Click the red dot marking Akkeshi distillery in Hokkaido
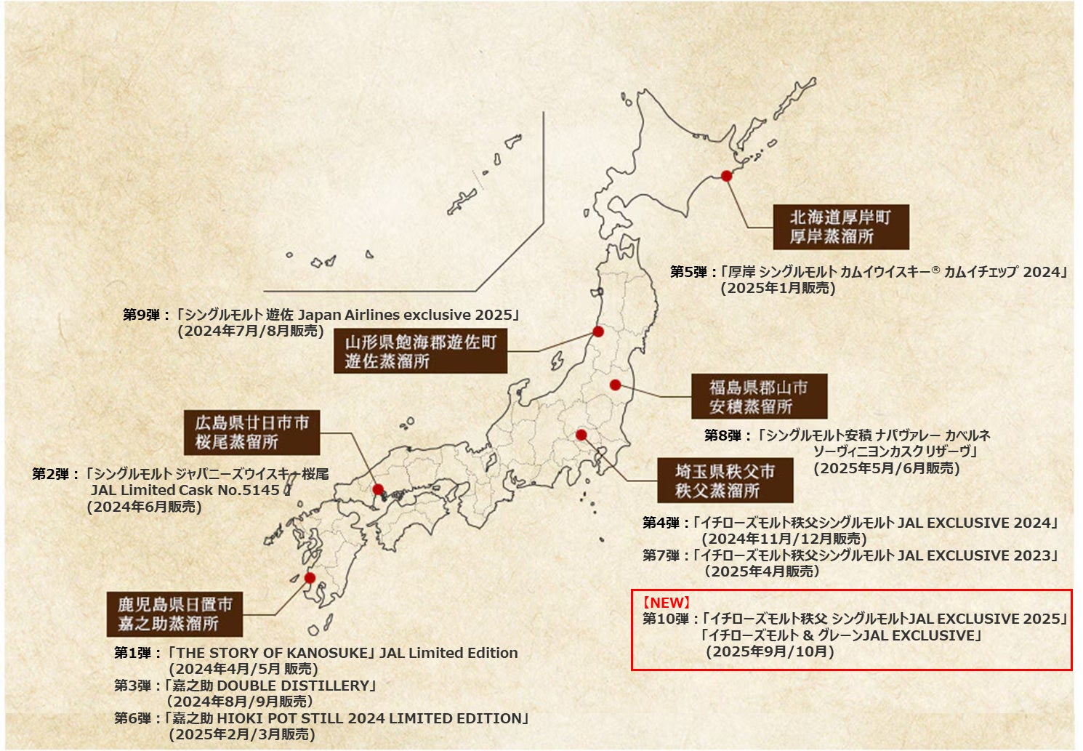[x=725, y=176]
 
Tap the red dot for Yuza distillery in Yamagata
[x=598, y=332]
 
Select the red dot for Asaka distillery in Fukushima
[x=615, y=385]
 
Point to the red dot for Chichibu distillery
[x=581, y=435]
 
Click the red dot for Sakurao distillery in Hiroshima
[x=378, y=489]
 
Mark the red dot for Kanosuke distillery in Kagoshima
[x=310, y=578]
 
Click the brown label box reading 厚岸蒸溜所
[x=840, y=227]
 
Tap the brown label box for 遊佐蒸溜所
[x=420, y=351]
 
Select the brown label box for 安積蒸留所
[x=759, y=396]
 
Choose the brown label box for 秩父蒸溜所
[x=725, y=481]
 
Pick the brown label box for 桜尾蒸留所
[x=251, y=433]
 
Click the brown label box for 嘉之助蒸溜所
[x=174, y=614]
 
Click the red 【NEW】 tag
[x=666, y=603]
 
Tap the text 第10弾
[x=665, y=619]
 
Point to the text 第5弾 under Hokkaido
[x=688, y=272]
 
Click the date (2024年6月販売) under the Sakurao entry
[x=144, y=507]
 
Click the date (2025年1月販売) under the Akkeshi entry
[x=778, y=288]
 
